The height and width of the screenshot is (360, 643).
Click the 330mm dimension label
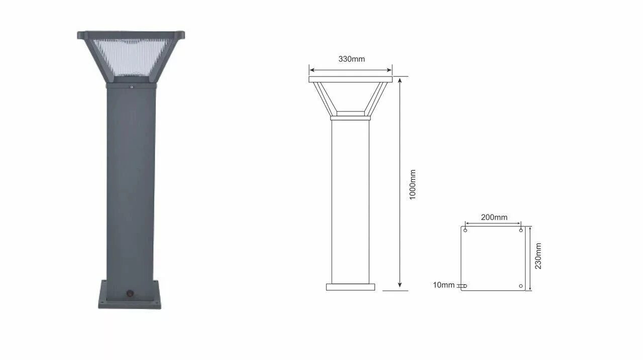351,59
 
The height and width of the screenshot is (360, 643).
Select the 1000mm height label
412,185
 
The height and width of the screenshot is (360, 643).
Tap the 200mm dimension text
494,217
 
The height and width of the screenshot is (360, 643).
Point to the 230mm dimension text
538,256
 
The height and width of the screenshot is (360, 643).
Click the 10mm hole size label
444,285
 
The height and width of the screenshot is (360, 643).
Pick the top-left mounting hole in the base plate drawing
465,230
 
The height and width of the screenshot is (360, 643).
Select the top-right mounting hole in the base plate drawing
521,230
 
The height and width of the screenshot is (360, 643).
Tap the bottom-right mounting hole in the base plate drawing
521,286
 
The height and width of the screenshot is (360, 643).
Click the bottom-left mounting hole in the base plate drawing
465,286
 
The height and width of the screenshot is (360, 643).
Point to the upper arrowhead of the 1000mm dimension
399,80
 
